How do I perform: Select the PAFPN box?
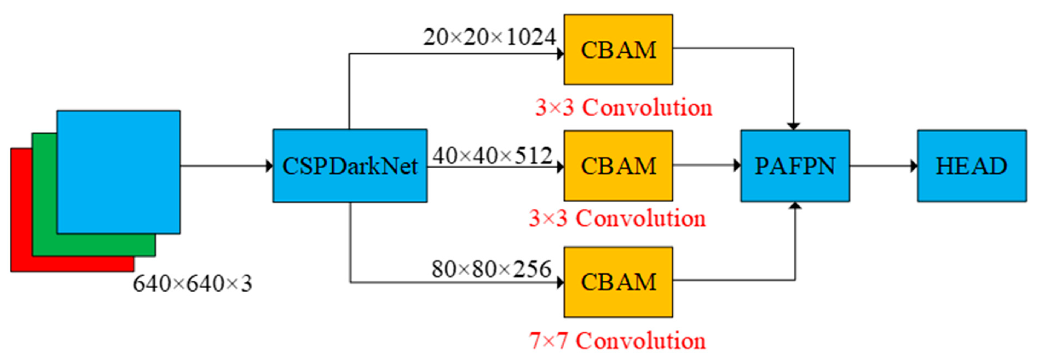(795, 165)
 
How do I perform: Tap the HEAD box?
(971, 165)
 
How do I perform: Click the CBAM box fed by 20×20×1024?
(618, 50)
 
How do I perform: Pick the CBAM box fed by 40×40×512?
(618, 165)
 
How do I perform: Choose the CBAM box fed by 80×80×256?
(618, 282)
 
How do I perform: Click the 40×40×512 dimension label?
(492, 155)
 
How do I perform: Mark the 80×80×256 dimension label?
(491, 269)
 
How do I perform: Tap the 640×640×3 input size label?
(192, 284)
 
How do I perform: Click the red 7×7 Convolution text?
(617, 341)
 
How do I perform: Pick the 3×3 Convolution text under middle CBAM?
(617, 219)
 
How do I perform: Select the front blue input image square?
(118, 172)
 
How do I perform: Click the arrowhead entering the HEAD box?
(914, 165)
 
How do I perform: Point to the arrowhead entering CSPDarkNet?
(269, 165)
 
